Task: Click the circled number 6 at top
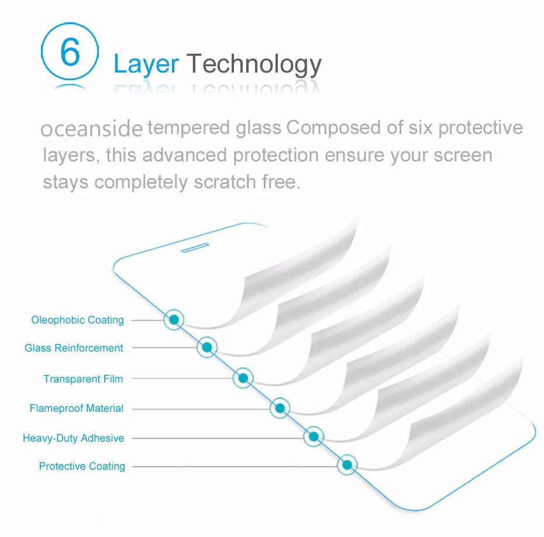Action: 69,53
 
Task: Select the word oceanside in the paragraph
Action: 91,129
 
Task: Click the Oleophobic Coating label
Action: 78,320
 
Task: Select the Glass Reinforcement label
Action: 74,348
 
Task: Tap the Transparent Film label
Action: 83,379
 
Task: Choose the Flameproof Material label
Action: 77,408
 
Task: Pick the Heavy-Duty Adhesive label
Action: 74,438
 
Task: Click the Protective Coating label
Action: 82,466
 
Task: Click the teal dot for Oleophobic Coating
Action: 174,319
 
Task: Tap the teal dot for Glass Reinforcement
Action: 206,348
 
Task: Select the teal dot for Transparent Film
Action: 243,378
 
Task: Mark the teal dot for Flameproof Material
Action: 280,408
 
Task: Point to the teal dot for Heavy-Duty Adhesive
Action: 314,436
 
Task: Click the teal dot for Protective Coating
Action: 347,466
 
